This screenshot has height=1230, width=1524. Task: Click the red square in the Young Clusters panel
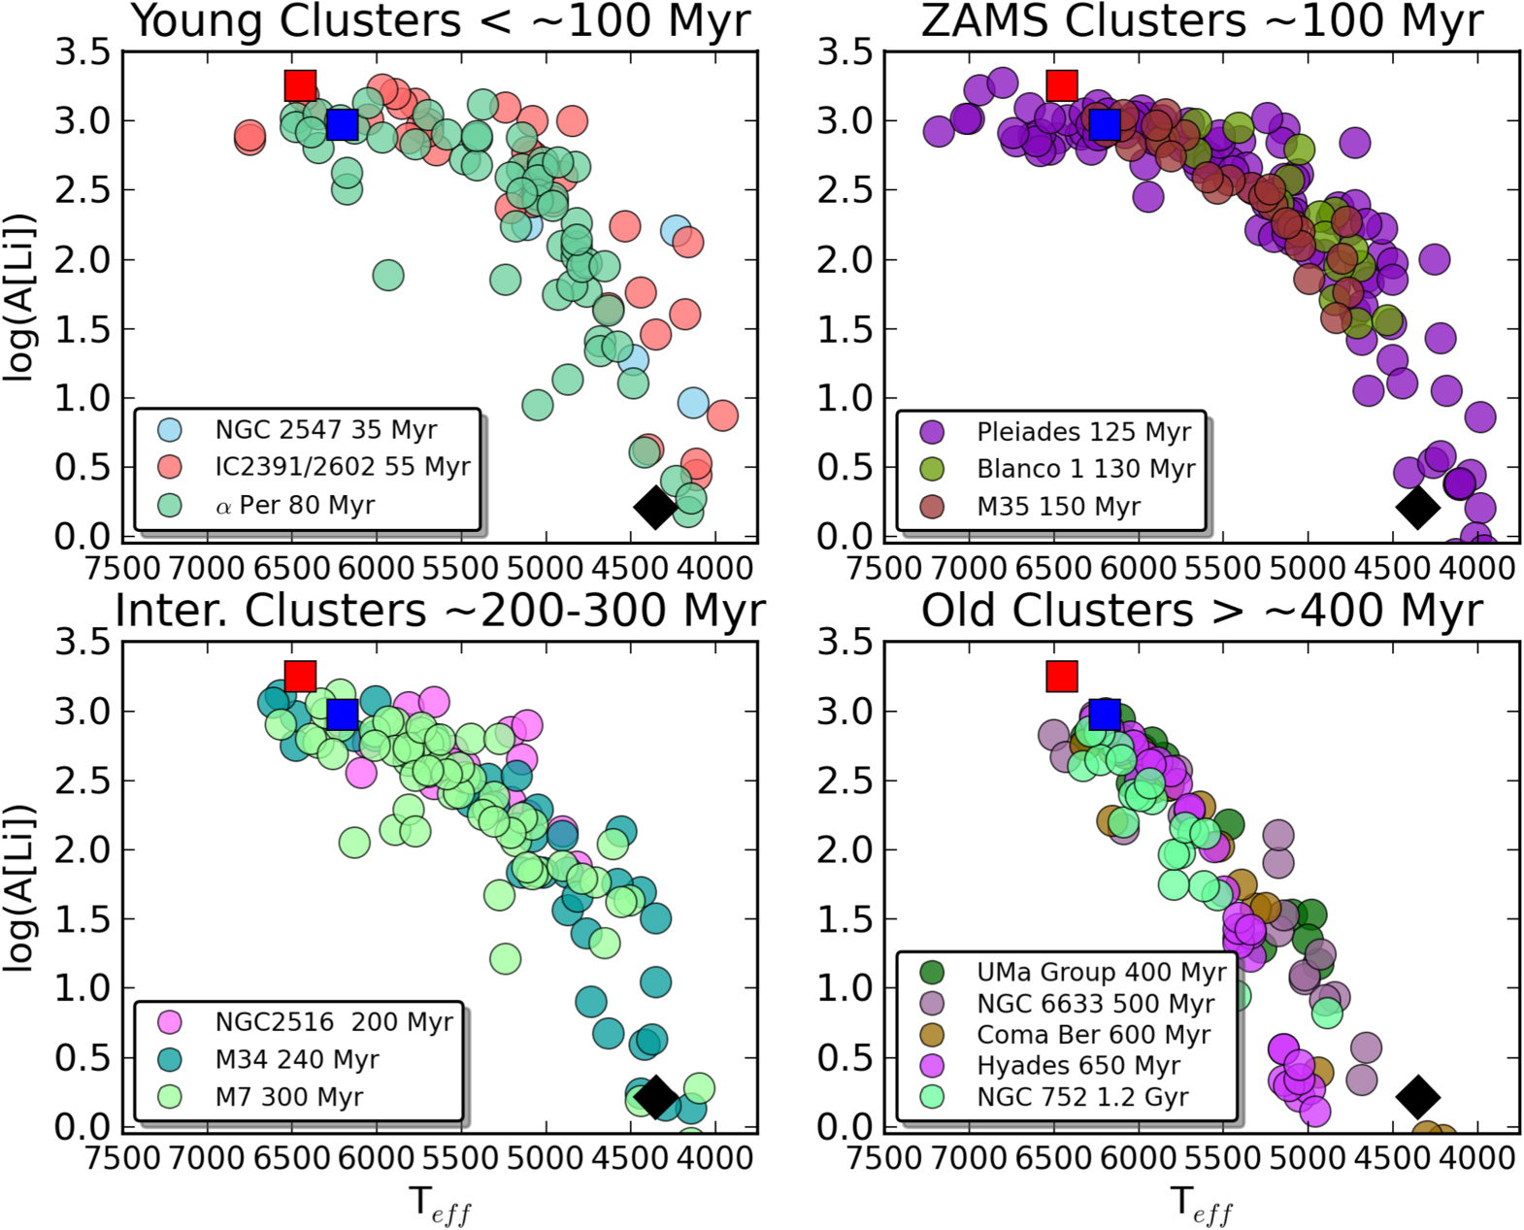(x=301, y=85)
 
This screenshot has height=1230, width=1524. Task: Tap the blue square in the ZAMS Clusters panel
(x=1105, y=124)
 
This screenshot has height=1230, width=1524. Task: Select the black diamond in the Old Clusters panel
(x=1417, y=1096)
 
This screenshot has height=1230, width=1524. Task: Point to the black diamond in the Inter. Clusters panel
(x=655, y=1096)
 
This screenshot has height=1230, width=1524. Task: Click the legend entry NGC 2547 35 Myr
(x=325, y=430)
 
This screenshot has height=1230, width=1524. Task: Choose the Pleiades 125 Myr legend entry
(x=1083, y=432)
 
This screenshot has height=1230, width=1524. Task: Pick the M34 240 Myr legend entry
(x=296, y=1059)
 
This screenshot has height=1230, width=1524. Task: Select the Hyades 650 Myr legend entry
(x=1077, y=1066)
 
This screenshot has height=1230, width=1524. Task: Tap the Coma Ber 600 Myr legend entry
(x=1093, y=1035)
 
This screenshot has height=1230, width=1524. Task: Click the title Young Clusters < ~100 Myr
(x=441, y=21)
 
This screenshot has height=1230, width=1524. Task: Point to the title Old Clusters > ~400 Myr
(x=1202, y=612)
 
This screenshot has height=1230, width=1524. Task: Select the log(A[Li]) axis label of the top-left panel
(x=21, y=296)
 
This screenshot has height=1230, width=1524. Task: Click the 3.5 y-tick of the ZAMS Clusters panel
(x=845, y=52)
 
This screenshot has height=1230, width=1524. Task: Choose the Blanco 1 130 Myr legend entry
(x=1085, y=469)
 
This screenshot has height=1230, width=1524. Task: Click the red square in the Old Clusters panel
(x=1062, y=676)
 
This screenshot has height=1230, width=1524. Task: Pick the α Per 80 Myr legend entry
(x=294, y=506)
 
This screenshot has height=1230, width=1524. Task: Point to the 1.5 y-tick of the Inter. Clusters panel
(x=82, y=918)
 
